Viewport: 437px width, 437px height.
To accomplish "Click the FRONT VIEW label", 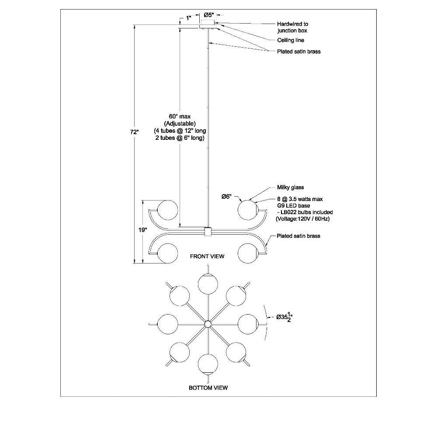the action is tap(207, 256).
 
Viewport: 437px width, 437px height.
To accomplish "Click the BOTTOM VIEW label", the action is tap(208, 388).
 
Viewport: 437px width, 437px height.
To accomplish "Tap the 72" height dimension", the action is tap(134, 132).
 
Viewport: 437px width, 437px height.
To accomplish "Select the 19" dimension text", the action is tap(143, 230).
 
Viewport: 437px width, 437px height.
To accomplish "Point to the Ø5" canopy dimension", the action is tap(211, 15).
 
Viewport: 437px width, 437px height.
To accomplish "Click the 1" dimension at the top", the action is tap(189, 18).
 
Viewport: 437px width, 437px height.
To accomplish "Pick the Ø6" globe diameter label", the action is tap(226, 197).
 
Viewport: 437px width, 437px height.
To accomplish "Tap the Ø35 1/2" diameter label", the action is tap(284, 317).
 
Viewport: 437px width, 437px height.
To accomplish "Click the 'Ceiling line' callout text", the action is tap(291, 40).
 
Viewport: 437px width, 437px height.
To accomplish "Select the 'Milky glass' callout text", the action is tap(291, 187).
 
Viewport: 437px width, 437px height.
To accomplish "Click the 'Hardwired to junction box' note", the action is tap(292, 27).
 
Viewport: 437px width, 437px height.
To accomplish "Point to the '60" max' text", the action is tap(180, 117).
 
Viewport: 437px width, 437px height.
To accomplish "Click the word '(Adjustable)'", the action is tap(180, 124).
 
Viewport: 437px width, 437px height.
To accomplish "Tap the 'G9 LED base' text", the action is tap(293, 206).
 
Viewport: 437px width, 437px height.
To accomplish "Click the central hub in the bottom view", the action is tap(208, 324).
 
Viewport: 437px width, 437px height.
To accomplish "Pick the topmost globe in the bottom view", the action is tap(208, 284).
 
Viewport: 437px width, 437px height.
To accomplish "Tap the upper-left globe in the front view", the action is tap(167, 210).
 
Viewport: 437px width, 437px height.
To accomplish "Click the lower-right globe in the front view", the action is tap(248, 253).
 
